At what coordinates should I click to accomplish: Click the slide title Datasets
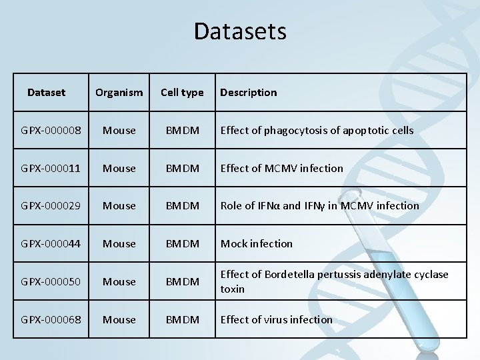coord(240,31)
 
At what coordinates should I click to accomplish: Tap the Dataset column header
coord(47,92)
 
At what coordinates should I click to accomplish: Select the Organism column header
coord(119,93)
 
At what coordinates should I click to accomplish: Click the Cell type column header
coord(182,93)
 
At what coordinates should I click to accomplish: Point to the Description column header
coord(248,93)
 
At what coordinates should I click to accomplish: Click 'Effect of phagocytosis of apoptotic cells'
coord(317,130)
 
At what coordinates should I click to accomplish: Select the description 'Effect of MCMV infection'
coord(281,168)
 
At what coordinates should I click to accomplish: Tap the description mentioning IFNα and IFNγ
coord(319,206)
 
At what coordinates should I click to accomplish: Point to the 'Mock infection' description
coord(256,244)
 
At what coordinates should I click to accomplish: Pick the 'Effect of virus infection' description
coord(276,320)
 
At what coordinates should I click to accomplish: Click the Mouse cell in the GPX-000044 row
coord(119,244)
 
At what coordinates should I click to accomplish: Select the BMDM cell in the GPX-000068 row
coord(182,320)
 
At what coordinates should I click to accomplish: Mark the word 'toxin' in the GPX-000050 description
coord(232,289)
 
